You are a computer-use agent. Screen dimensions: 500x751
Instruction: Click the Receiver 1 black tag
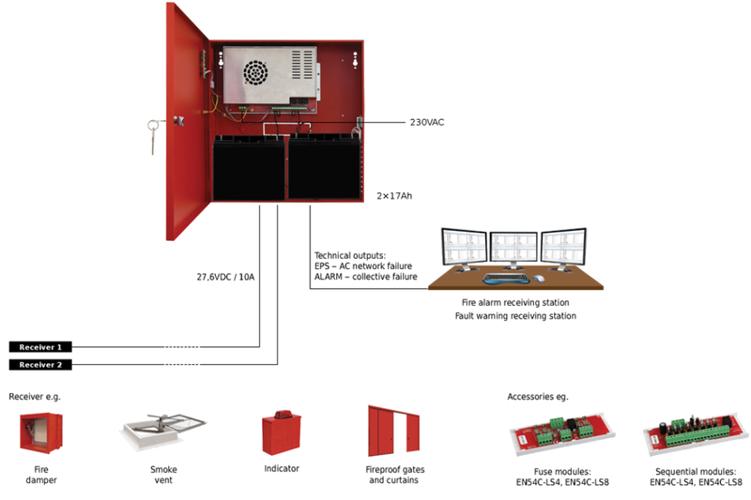[x=39, y=347]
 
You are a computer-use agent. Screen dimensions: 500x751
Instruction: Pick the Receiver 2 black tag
[x=39, y=365]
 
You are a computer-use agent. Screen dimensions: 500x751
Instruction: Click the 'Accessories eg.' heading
[x=537, y=397]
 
